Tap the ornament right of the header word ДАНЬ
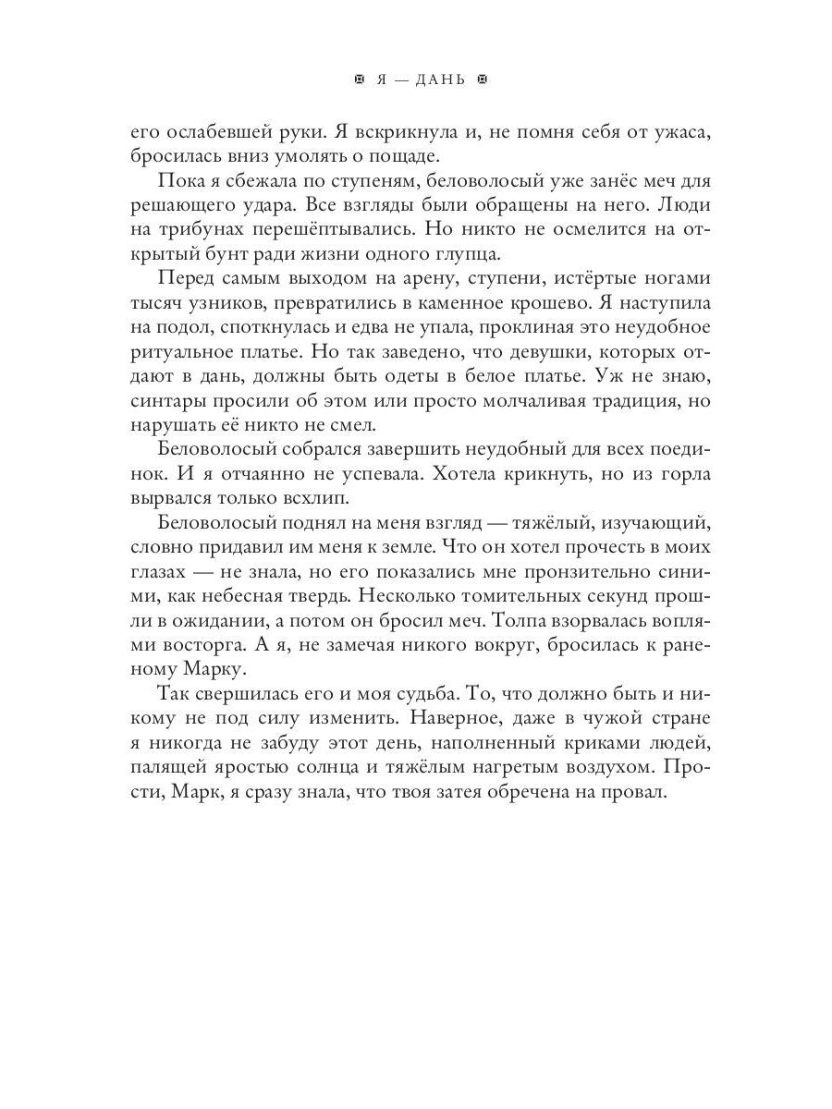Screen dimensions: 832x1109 tap(480, 80)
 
